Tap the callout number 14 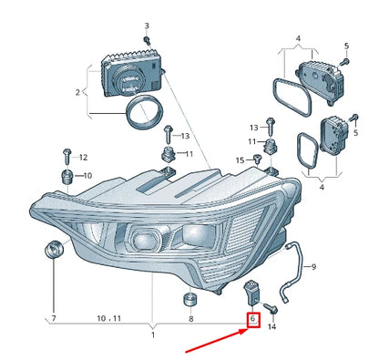tap(271, 325)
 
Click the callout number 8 tap(189, 319)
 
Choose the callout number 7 tap(54, 319)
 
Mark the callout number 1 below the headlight tap(153, 335)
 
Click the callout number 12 tap(83, 157)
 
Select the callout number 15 tap(241, 160)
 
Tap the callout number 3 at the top tap(146, 26)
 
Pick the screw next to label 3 tap(146, 41)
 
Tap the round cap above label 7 tap(53, 248)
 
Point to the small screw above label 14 tap(271, 307)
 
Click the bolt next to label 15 tap(259, 160)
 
